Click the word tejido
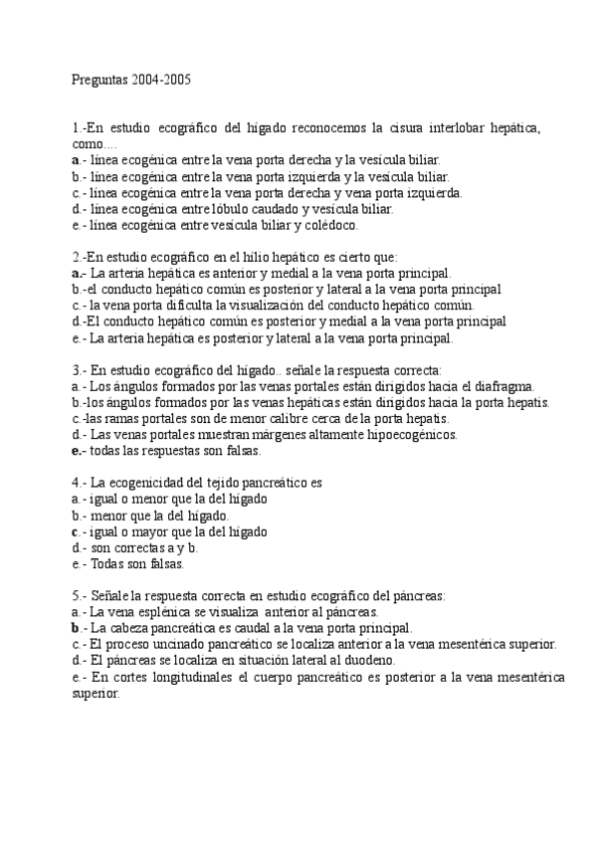(x=217, y=484)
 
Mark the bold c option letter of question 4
(x=76, y=531)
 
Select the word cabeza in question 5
(x=133, y=629)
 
